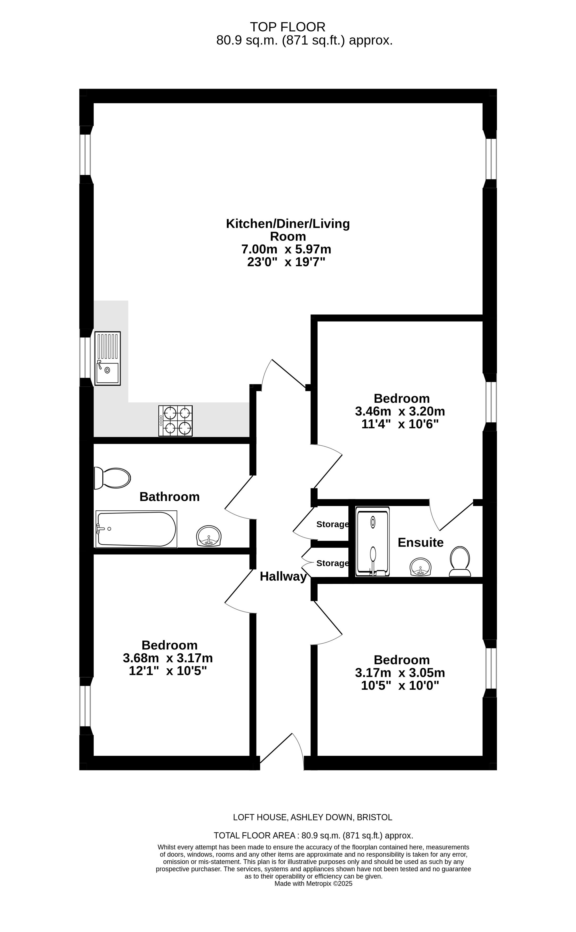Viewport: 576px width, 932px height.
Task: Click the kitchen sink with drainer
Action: click(x=107, y=358)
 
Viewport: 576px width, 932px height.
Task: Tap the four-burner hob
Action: click(x=176, y=421)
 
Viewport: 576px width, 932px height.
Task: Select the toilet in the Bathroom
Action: click(x=112, y=478)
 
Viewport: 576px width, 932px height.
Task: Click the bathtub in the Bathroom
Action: click(x=136, y=529)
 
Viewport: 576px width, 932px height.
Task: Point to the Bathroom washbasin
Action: click(x=209, y=536)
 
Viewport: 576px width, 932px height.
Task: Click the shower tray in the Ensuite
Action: click(x=373, y=541)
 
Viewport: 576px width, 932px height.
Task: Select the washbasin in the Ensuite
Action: click(x=420, y=567)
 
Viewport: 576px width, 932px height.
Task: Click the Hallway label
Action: click(x=283, y=576)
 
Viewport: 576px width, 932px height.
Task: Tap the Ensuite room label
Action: click(x=420, y=543)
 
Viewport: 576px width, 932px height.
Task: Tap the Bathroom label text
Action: click(x=169, y=497)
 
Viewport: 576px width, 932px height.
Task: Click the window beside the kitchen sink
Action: click(x=85, y=358)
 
